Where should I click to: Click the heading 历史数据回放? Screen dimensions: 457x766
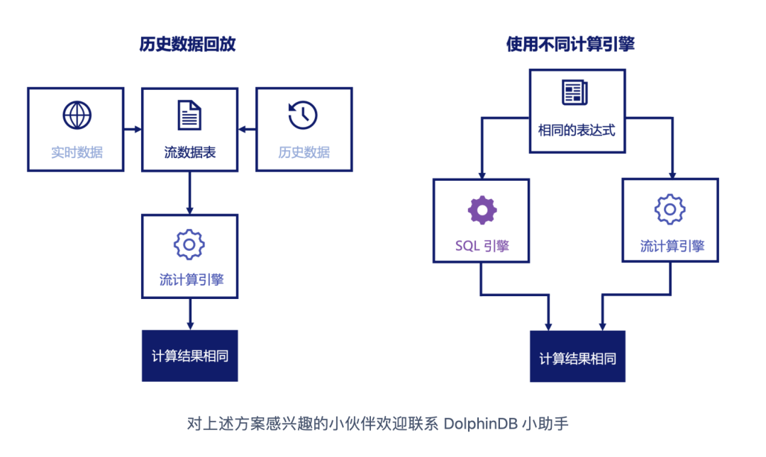click(188, 44)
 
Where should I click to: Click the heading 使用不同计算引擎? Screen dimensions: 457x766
click(570, 44)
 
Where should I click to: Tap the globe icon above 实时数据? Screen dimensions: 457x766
click(77, 115)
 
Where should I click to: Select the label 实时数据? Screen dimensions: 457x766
click(77, 152)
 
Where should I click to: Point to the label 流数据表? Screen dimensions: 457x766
click(189, 152)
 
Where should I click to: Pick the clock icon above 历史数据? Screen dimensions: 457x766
click(303, 115)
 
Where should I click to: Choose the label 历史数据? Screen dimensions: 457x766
click(304, 152)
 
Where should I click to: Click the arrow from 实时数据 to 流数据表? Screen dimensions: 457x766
click(133, 129)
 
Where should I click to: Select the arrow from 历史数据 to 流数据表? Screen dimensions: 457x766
click(247, 129)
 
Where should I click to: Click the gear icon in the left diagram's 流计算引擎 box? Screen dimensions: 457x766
click(189, 244)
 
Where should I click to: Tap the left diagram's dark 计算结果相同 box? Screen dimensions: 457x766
click(189, 356)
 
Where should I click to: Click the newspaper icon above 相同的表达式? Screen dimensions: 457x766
click(575, 93)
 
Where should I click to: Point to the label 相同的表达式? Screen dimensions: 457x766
click(576, 130)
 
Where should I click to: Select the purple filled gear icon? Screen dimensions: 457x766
click(482, 210)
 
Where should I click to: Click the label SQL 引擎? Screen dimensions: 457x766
click(482, 247)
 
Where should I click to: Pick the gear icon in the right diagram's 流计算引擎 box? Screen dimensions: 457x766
click(670, 210)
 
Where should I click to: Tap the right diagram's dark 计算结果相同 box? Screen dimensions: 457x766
click(577, 356)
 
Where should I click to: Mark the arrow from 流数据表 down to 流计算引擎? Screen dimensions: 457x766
click(189, 193)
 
